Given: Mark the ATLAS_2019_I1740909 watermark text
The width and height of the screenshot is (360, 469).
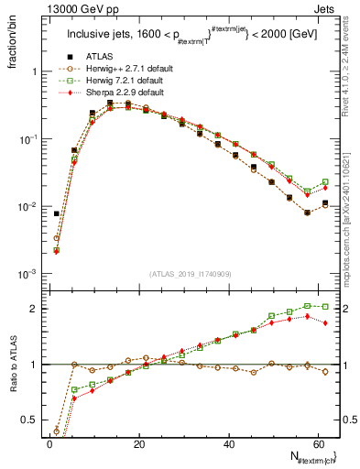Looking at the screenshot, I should point(191,273).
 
